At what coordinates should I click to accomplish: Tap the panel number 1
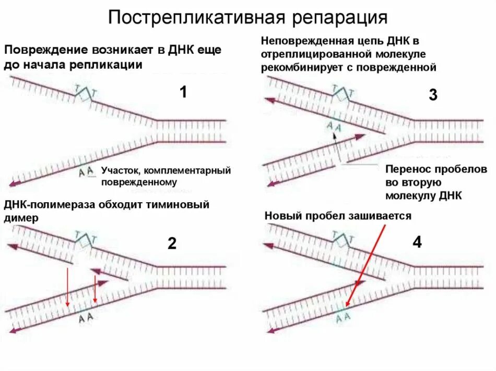coord(183,92)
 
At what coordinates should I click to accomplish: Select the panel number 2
coord(172,243)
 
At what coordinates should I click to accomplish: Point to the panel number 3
coord(433,95)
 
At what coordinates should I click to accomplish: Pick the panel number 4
coord(417,242)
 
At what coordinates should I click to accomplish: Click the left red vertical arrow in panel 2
coord(68,288)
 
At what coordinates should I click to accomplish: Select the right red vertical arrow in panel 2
coord(95,290)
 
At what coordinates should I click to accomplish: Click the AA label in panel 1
coord(86,171)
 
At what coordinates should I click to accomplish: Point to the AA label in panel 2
coord(86,318)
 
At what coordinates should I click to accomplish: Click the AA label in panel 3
coord(334,126)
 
